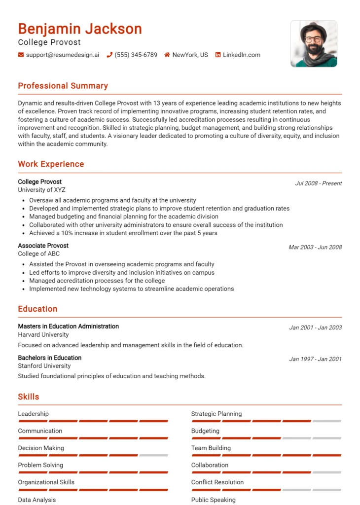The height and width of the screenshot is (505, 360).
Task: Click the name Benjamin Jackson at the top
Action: (80, 29)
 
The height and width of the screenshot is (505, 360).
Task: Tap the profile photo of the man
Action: (314, 43)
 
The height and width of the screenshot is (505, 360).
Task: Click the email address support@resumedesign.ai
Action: (62, 55)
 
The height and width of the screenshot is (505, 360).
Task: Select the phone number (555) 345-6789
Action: (136, 55)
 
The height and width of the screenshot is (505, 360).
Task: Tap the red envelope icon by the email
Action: (21, 55)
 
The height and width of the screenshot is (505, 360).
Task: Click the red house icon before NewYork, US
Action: (167, 55)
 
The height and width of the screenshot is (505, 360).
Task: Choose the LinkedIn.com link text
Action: (241, 55)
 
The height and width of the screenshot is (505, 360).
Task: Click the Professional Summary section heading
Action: (63, 86)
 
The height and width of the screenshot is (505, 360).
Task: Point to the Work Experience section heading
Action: (51, 164)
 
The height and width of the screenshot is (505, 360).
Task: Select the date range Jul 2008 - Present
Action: (318, 183)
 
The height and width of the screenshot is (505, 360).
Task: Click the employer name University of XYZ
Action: (41, 190)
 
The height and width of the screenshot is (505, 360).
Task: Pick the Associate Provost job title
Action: (43, 246)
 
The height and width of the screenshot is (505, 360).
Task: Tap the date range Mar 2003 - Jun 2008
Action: (315, 247)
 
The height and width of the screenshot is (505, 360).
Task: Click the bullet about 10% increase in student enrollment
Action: (123, 233)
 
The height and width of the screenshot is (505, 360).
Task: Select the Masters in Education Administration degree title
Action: (68, 326)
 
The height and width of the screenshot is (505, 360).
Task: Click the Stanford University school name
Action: (44, 366)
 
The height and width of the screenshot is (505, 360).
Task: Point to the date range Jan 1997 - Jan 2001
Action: (315, 359)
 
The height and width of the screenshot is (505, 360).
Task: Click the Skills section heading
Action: (29, 397)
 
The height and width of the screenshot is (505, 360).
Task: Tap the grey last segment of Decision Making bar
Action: (153, 455)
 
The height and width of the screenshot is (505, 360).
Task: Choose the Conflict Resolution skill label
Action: (217, 482)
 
